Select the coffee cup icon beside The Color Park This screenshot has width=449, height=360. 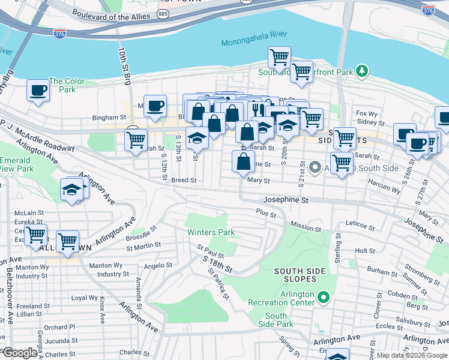38,91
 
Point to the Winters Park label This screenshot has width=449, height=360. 210,232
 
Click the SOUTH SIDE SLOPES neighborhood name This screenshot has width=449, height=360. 300,275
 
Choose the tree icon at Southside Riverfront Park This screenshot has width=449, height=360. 361,72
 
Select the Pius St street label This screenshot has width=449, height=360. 265,213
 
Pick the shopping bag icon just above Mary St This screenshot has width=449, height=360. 243,162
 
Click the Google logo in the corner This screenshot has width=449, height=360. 20,353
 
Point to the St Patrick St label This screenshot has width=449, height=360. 218,283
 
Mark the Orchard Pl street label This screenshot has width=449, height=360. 59,327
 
